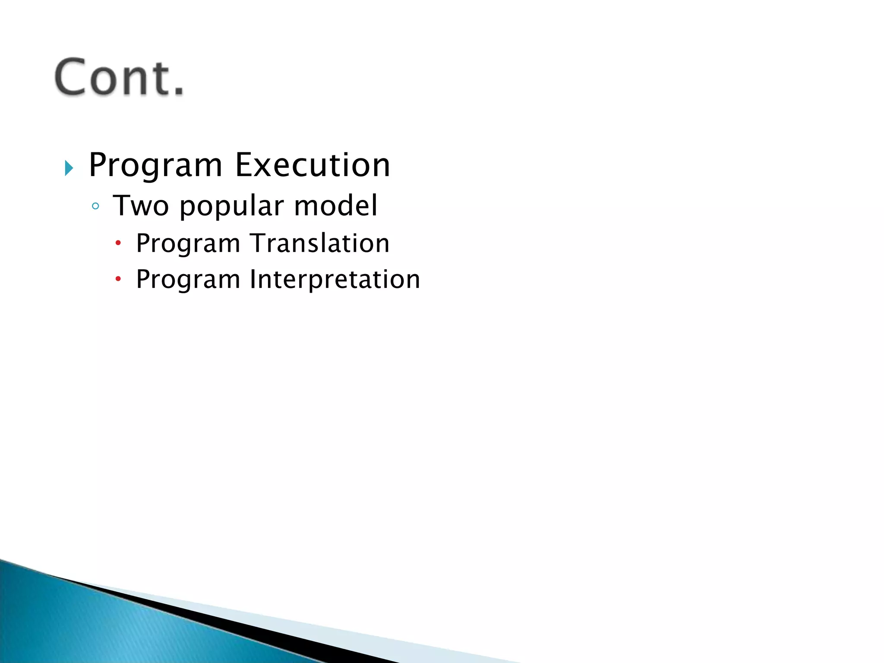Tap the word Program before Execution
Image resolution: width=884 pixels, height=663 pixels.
point(155,166)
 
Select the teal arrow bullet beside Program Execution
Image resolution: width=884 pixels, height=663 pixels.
point(69,168)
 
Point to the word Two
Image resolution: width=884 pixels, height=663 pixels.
point(141,205)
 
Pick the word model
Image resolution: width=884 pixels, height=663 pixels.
point(336,205)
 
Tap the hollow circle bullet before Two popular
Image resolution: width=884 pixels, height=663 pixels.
point(95,206)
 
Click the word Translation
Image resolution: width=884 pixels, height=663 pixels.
point(319,243)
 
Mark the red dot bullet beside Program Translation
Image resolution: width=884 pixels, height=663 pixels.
point(118,243)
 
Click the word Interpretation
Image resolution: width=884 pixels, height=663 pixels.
point(335,280)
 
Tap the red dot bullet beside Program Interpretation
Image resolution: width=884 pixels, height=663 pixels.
point(118,279)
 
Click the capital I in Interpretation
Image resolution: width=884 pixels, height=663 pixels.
point(253,279)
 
